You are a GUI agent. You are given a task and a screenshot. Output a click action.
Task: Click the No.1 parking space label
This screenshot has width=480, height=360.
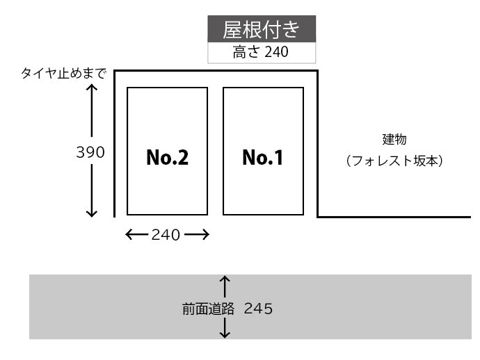pyautogui.click(x=263, y=158)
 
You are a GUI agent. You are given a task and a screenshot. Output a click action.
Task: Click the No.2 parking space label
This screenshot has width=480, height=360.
pyautogui.click(x=167, y=158)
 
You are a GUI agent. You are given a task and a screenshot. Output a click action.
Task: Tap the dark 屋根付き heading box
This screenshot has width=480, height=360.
pyautogui.click(x=262, y=30)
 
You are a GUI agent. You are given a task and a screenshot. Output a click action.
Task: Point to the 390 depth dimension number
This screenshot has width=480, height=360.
pyautogui.click(x=90, y=152)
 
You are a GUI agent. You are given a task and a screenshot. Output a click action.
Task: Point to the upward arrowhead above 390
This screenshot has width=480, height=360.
pyautogui.click(x=91, y=90)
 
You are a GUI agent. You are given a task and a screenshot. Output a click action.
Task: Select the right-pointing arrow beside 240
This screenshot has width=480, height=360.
pyautogui.click(x=198, y=235)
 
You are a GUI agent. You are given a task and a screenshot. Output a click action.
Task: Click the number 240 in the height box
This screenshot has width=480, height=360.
pyautogui.click(x=275, y=52)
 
